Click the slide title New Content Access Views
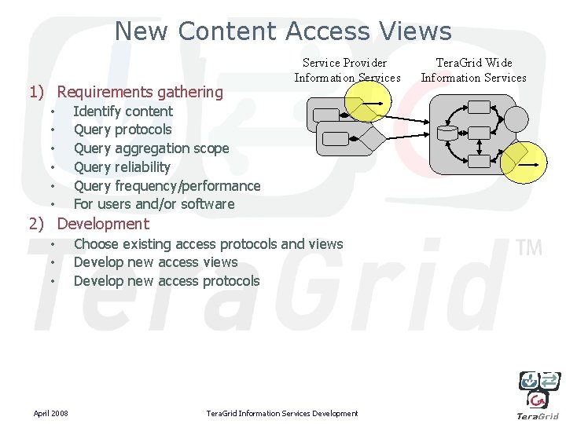pos(283,31)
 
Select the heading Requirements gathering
pos(140,92)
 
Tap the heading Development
pos(102,224)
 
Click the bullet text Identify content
pos(123,111)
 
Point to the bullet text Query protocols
pos(122,130)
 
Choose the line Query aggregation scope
pos(151,148)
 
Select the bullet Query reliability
pos(122,167)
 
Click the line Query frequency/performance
pos(167,186)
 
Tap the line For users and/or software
pos(154,204)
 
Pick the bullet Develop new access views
pos(156,262)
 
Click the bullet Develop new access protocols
pos(167,281)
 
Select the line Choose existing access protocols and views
pos(208,244)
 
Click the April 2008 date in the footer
pos(50,413)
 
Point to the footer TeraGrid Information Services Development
pos(281,413)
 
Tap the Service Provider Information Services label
pos(347,70)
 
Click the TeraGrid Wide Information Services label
pos(473,70)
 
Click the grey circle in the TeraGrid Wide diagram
pos(516,119)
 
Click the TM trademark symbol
pos(530,248)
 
